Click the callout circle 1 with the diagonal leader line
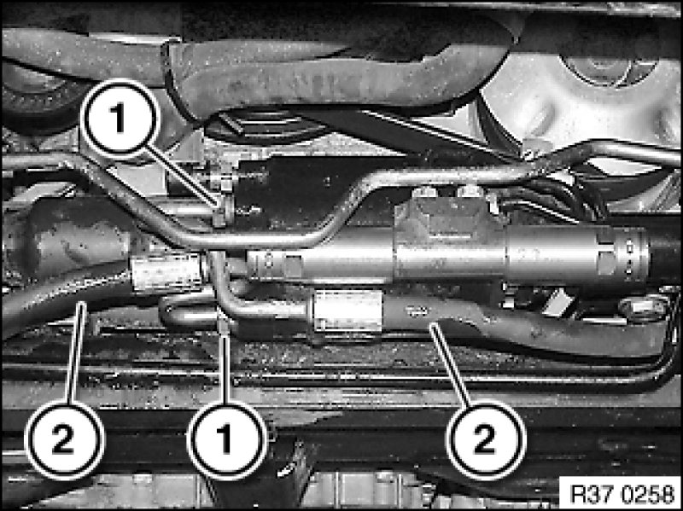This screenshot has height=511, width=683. (x=120, y=119)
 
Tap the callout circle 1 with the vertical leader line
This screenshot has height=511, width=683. (x=227, y=439)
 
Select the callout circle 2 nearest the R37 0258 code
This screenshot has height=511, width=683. (x=486, y=439)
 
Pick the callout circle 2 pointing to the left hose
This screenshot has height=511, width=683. (x=64, y=439)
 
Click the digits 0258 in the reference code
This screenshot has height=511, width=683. (x=648, y=494)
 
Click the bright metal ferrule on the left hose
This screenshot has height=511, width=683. (x=167, y=273)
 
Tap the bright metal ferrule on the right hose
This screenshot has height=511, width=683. (x=347, y=311)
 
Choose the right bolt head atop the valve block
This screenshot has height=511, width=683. (x=470, y=190)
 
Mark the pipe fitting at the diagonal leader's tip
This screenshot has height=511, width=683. (x=222, y=210)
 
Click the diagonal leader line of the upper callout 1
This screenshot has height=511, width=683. (x=182, y=177)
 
